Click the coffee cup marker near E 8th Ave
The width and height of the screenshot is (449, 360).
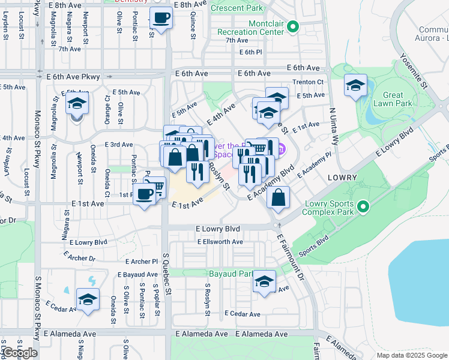pos(160,18)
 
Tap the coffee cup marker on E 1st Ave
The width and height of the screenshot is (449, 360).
pos(144,194)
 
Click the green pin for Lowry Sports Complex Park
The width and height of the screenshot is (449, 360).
pos(363,208)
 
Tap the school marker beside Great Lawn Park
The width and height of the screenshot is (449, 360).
pos(355,86)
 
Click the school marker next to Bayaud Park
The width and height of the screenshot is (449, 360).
pos(264,281)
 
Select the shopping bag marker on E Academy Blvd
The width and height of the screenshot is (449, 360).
pos(279,197)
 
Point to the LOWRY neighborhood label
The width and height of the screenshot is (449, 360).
pos(343,178)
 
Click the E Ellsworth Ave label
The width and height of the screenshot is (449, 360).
pos(220,242)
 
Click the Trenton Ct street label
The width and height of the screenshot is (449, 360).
pos(308,82)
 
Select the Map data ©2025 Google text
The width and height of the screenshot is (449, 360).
pos(411,355)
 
